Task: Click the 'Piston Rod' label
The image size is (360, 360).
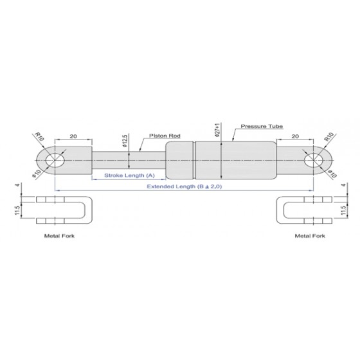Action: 165,136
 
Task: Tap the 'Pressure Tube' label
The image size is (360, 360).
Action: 262,126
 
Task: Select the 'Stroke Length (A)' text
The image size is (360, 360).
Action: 129,175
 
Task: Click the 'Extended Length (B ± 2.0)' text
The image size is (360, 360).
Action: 184,186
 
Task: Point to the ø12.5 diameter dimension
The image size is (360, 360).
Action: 125,141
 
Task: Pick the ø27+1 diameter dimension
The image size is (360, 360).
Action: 218,130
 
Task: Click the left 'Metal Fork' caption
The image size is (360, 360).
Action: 59,236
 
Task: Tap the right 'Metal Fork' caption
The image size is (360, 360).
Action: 310,236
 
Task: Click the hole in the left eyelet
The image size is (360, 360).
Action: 55,160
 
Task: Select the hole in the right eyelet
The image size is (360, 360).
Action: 314,160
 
